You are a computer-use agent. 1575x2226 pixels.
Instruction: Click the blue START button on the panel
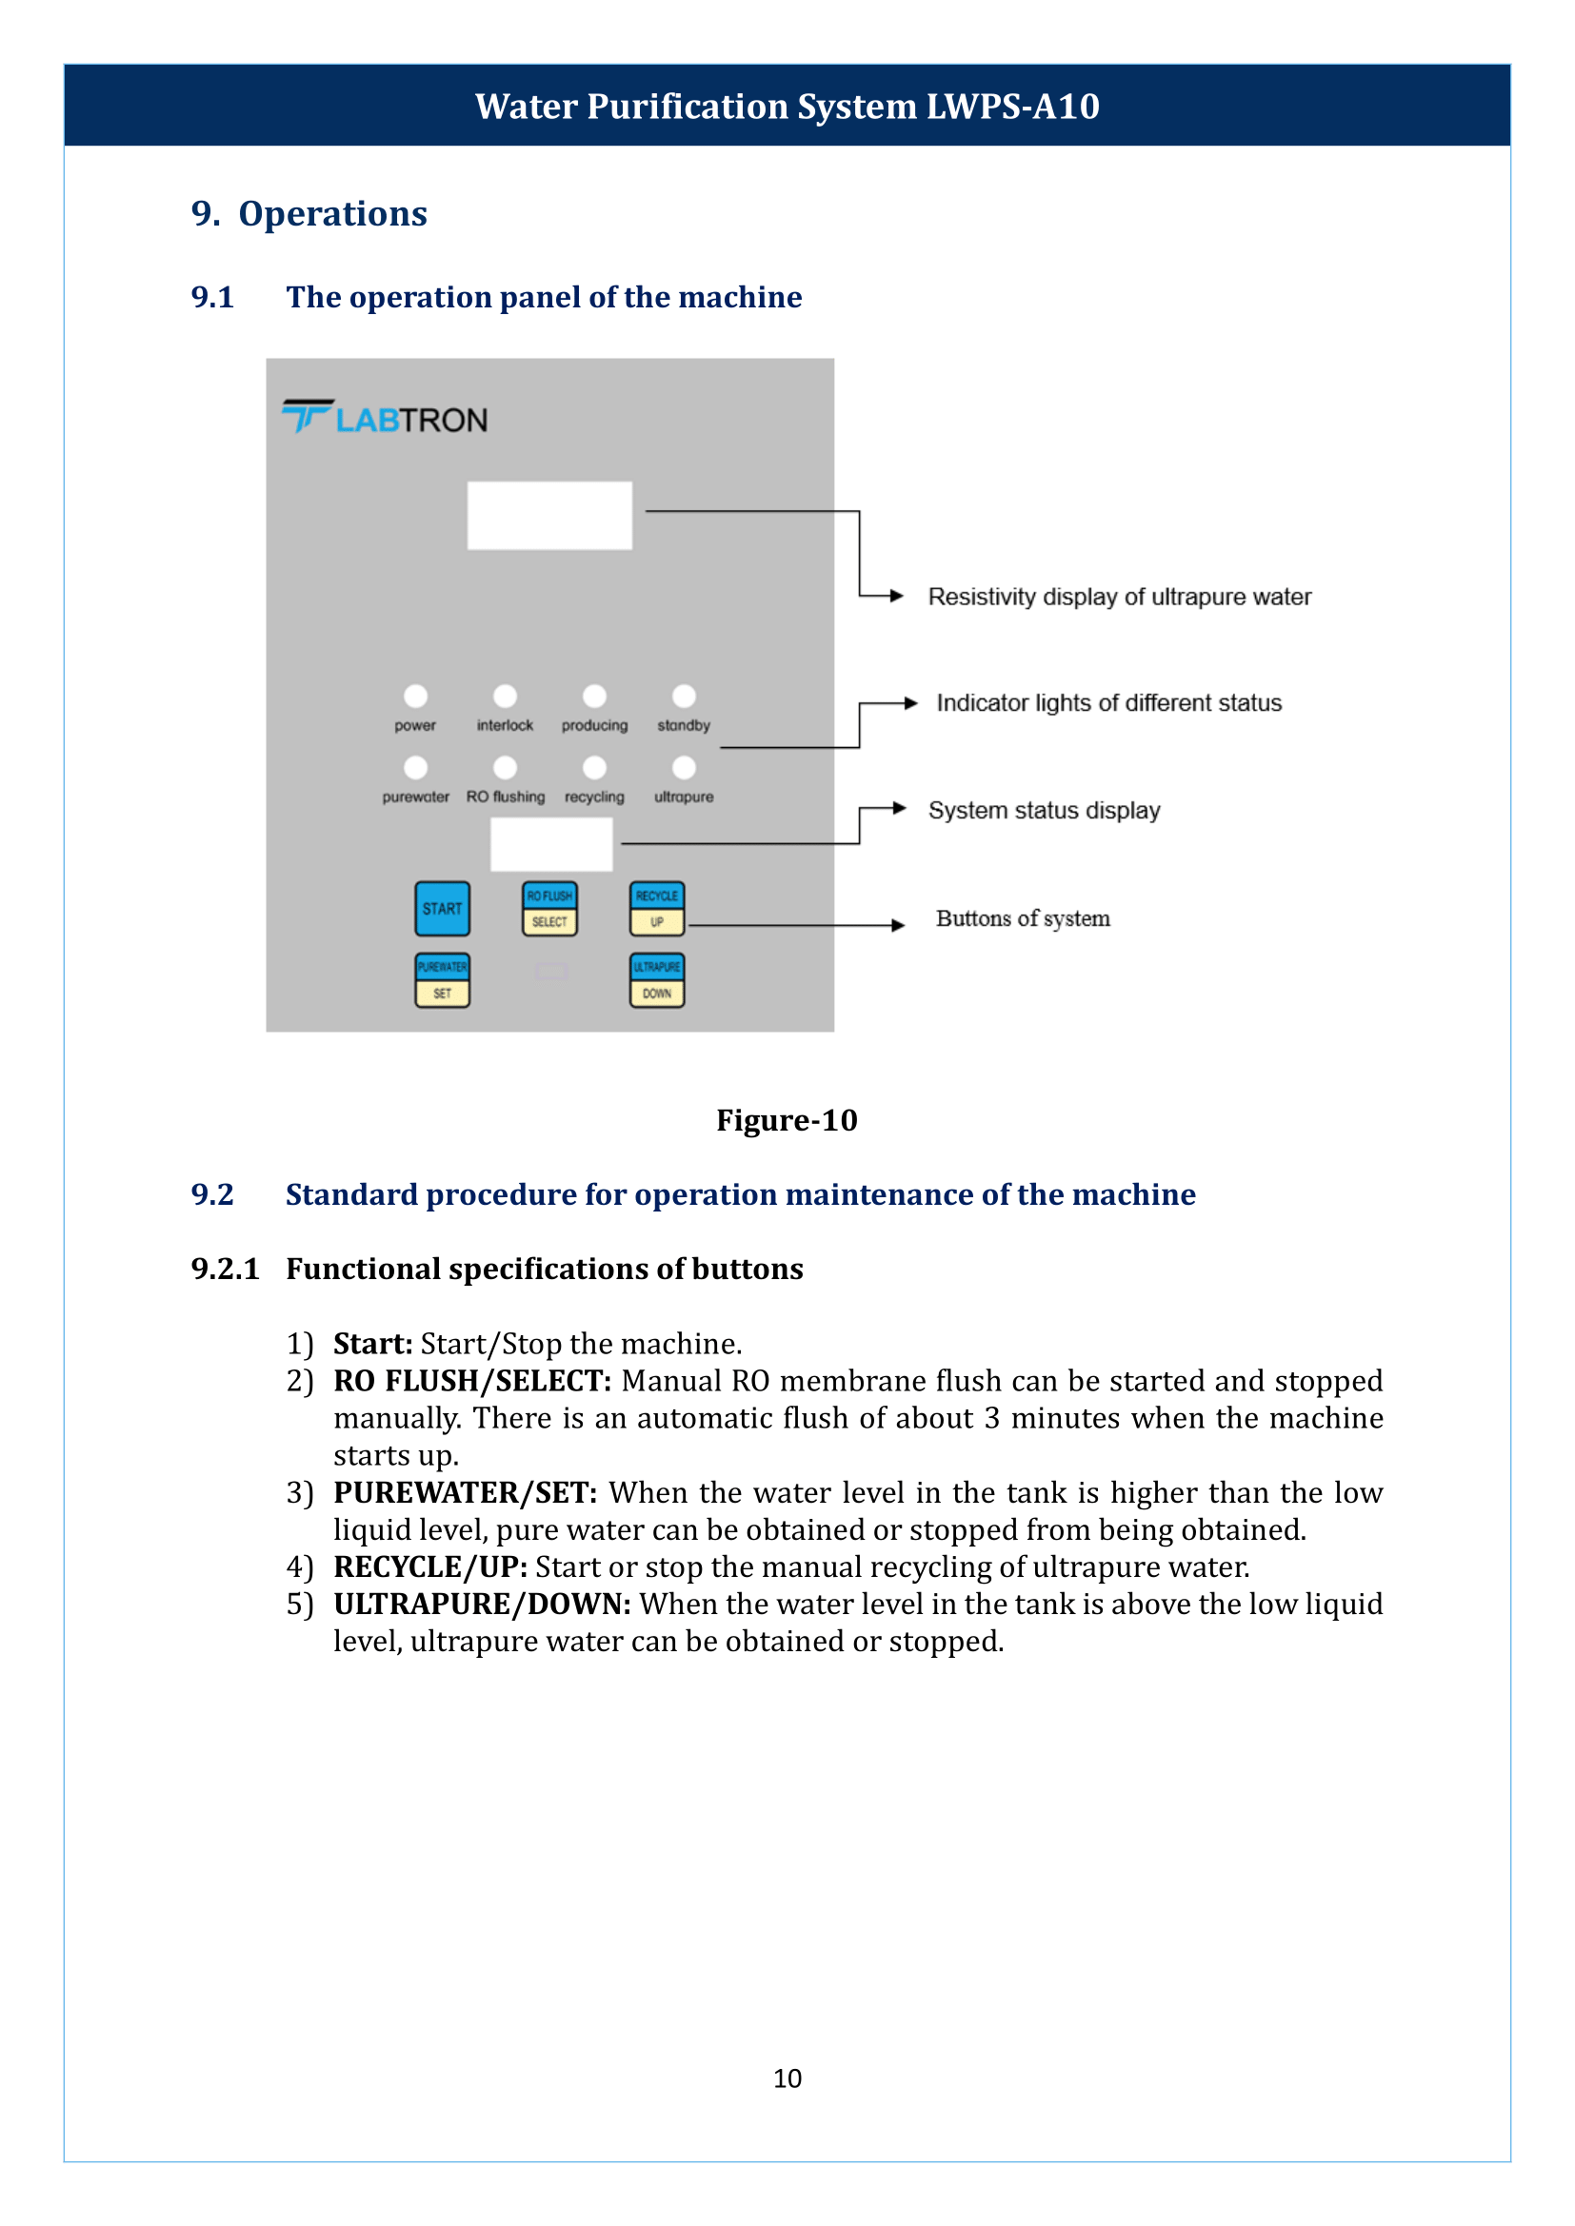click(x=442, y=909)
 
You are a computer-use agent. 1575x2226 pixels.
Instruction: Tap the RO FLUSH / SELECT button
click(x=549, y=909)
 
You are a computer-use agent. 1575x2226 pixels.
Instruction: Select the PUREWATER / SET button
click(x=442, y=980)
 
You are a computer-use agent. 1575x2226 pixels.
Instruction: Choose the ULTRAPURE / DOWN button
click(x=658, y=980)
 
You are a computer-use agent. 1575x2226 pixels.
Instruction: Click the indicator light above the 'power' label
click(x=415, y=696)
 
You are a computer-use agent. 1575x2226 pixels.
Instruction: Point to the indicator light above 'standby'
click(x=684, y=696)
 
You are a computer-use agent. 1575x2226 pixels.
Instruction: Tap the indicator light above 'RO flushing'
click(x=506, y=768)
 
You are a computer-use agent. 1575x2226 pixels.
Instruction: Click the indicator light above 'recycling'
click(x=594, y=768)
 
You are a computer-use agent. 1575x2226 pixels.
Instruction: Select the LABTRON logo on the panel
click(x=386, y=418)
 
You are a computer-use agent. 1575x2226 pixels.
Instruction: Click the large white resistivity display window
click(x=549, y=515)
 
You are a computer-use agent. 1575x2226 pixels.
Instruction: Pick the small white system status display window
click(x=550, y=843)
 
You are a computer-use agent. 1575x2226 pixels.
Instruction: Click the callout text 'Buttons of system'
click(x=1022, y=918)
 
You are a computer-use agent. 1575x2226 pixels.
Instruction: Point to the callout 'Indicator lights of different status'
click(x=1108, y=703)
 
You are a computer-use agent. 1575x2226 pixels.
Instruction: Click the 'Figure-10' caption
click(x=787, y=1120)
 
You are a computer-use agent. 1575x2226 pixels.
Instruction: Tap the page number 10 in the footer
click(x=787, y=2078)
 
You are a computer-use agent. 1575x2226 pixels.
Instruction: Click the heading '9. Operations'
click(x=309, y=213)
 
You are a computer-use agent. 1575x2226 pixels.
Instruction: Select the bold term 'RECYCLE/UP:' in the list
click(x=430, y=1566)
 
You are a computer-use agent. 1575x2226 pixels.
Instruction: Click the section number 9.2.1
click(x=225, y=1270)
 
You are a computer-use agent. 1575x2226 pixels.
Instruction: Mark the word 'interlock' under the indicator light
click(x=505, y=725)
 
